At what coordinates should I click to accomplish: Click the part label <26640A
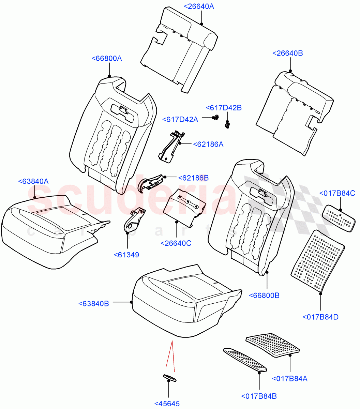pyautogui.click(x=199, y=6)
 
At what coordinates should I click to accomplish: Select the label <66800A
pyautogui.click(x=107, y=58)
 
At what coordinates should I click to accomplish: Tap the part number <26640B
pyautogui.click(x=288, y=53)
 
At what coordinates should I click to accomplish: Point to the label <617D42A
pyautogui.click(x=180, y=119)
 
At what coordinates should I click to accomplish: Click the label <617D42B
pyautogui.click(x=224, y=108)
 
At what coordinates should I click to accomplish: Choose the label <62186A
pyautogui.click(x=208, y=144)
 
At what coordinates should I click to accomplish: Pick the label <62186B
pyautogui.click(x=193, y=178)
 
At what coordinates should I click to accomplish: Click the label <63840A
pyautogui.click(x=33, y=181)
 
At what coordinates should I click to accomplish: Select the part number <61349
pyautogui.click(x=126, y=255)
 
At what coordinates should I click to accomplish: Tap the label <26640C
pyautogui.click(x=176, y=243)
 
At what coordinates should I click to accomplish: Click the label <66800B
pyautogui.click(x=264, y=296)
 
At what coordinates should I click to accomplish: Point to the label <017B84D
pyautogui.click(x=320, y=317)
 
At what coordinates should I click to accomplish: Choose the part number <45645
pyautogui.click(x=167, y=404)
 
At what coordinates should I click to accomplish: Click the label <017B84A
pyautogui.click(x=289, y=378)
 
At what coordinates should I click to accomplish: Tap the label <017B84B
pyautogui.click(x=259, y=396)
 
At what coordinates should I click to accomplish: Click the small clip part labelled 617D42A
pyautogui.click(x=215, y=118)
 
